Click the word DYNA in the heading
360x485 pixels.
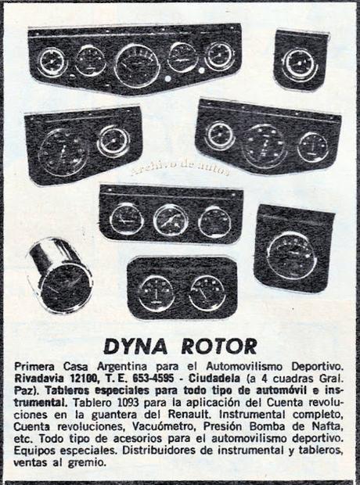tap(136, 347)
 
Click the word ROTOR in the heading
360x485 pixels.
tap(219, 347)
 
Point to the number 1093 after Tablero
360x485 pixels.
tap(129, 402)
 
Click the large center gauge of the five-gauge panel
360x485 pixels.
tap(137, 66)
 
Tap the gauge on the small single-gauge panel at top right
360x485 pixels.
tap(300, 65)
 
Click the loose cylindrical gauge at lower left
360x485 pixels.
tap(59, 275)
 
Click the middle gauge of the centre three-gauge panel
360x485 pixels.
tap(171, 220)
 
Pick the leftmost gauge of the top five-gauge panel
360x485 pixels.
tap(52, 62)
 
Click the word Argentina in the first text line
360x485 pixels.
tap(122, 367)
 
